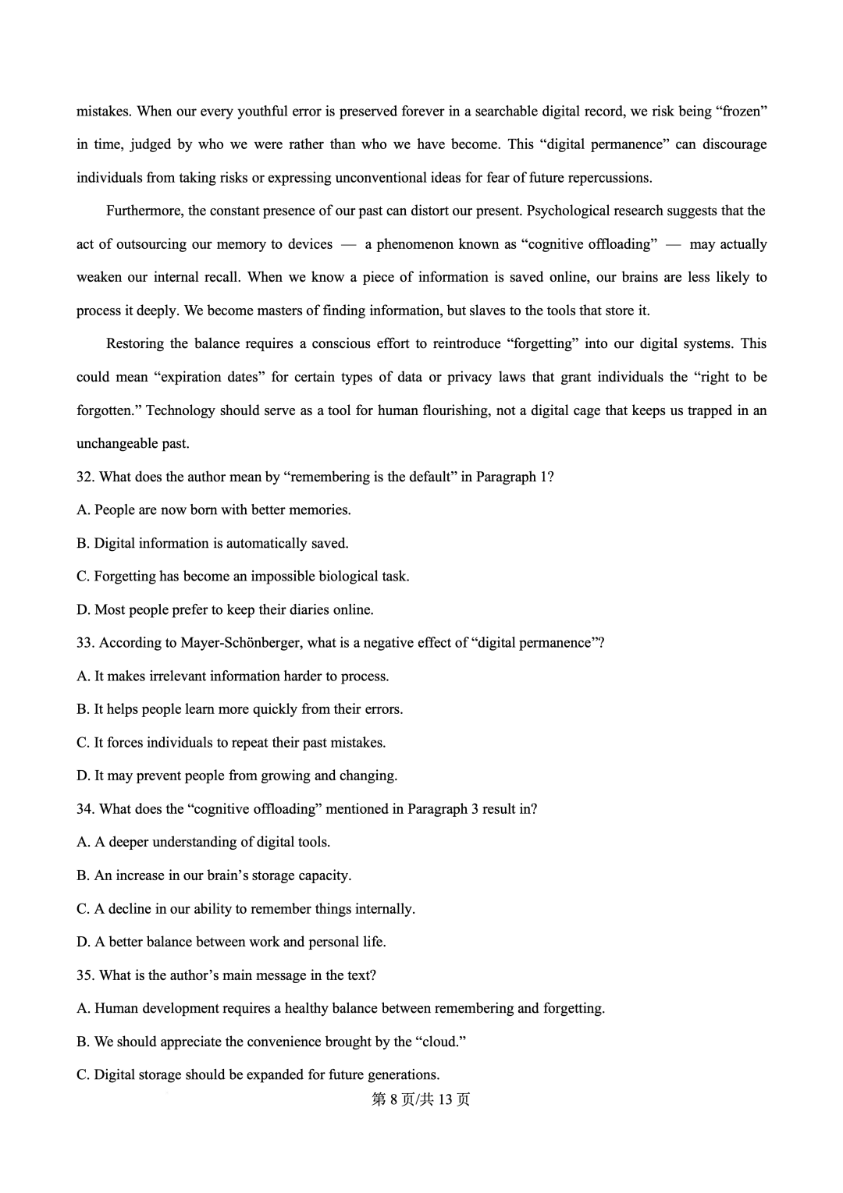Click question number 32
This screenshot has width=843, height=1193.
(86, 477)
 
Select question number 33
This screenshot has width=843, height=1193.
(86, 643)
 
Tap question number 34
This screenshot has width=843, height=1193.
(86, 809)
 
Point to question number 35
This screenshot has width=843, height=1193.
(86, 975)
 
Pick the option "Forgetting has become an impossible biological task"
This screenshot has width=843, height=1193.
(243, 577)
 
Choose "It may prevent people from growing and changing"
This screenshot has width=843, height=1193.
(237, 776)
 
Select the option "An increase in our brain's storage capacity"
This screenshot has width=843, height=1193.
(214, 875)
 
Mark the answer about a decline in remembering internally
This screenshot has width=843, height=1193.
(246, 909)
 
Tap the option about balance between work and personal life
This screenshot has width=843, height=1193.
(231, 942)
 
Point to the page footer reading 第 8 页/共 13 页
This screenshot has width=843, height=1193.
(421, 1099)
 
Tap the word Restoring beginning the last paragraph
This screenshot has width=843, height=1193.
(135, 344)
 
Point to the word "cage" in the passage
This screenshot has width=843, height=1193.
(587, 410)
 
